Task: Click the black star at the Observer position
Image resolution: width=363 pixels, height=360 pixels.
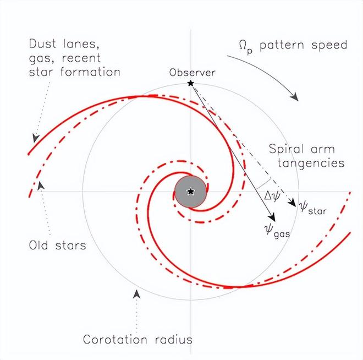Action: coord(190,83)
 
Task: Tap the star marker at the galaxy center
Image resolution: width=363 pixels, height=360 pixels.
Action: coord(190,192)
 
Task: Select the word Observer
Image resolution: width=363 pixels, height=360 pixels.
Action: coord(193,72)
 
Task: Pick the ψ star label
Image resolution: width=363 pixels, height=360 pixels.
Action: coord(311,208)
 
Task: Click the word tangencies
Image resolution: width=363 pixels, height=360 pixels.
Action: coord(311,163)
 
